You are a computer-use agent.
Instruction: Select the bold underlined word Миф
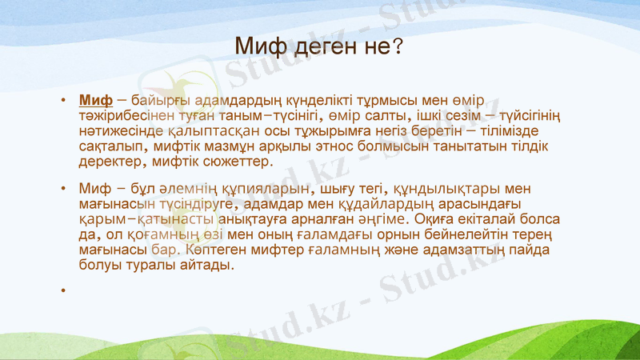pyautogui.click(x=95, y=101)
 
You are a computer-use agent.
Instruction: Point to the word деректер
pyautogui.click(x=110, y=162)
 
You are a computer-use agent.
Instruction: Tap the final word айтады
pyautogui.click(x=207, y=266)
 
